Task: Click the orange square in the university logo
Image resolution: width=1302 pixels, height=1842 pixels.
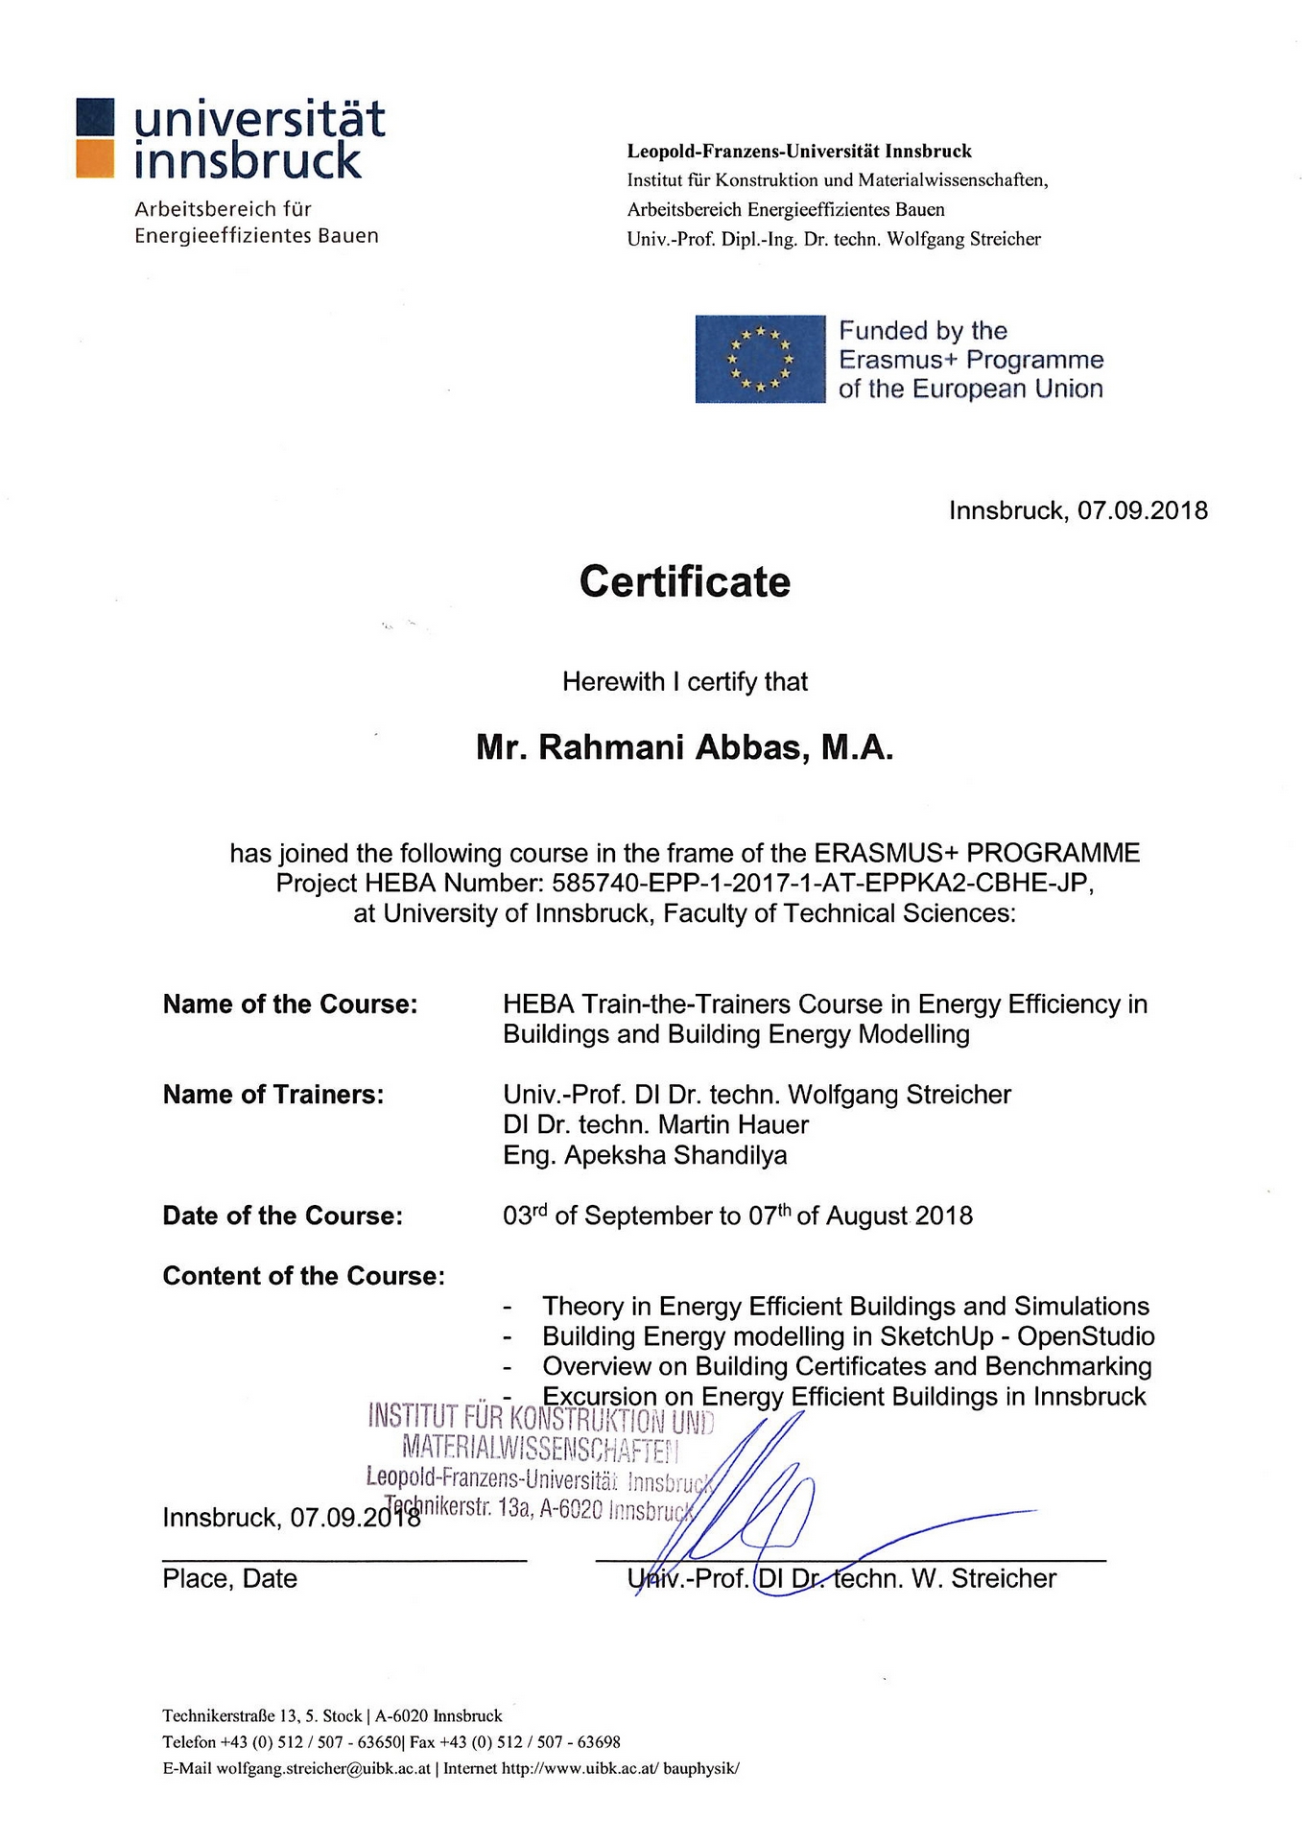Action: click(x=95, y=159)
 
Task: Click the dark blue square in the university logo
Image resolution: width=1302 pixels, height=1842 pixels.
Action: click(x=95, y=117)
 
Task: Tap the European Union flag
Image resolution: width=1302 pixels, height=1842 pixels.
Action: click(x=760, y=359)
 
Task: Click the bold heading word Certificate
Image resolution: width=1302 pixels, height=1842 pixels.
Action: click(x=684, y=582)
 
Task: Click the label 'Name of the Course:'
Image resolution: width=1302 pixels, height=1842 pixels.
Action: click(x=290, y=1004)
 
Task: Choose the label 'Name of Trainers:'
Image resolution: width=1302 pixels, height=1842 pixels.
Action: click(x=273, y=1095)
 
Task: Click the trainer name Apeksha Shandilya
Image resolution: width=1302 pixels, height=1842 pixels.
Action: click(x=675, y=1155)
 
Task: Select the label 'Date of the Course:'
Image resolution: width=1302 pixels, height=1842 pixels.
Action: click(x=283, y=1216)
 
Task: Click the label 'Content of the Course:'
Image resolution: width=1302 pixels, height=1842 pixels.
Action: click(x=304, y=1276)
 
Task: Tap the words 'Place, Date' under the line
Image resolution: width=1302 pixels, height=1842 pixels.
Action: click(x=230, y=1579)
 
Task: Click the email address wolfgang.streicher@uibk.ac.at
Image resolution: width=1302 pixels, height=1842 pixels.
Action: click(x=322, y=1768)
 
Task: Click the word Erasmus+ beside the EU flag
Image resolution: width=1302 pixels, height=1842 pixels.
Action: click(x=898, y=360)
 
